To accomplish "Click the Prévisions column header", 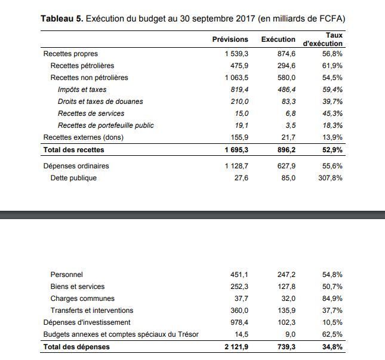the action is pos(230,39).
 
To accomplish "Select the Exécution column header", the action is pos(278,39).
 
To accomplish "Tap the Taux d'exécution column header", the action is pos(323,39).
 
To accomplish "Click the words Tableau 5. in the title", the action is pos(62,19).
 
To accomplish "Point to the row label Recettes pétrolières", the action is pos(82,66).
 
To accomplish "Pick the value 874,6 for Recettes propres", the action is pos(287,54).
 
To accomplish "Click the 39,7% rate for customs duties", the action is pos(332,101).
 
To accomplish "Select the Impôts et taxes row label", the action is pos(82,90).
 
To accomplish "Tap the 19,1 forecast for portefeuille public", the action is pos(242,125).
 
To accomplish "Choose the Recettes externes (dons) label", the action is pos(83,137).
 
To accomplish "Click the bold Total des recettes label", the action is pos(73,150).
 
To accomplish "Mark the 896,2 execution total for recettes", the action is pos(287,150).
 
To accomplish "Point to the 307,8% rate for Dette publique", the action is pos(330,178).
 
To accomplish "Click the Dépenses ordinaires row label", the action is pos(76,166).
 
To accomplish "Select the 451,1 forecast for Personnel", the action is pos(239,275).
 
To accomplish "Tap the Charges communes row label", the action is pos(82,299).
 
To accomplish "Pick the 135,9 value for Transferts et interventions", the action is pos(287,310).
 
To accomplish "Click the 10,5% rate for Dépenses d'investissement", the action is pos(332,322).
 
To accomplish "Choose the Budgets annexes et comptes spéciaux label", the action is pos(121,334).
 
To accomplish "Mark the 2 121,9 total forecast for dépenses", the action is pos(236,347).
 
